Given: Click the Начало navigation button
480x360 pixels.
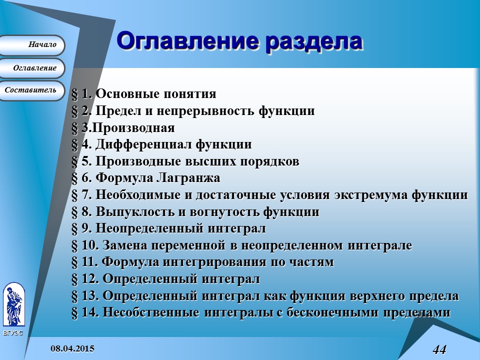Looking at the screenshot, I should pos(32,45).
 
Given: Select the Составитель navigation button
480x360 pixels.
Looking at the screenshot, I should pos(31,90).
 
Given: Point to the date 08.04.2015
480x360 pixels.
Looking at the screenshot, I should pos(72,348).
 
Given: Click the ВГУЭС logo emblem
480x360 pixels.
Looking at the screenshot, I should pos(13,305).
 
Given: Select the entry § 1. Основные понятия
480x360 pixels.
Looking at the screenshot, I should pos(144,94).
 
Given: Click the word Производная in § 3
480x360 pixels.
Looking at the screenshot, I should pos(133,128).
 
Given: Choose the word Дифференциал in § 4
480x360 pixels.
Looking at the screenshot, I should pos(143,145).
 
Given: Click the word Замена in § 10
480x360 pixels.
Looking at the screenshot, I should pos(122,245).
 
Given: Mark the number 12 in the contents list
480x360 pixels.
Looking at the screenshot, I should pos(89,279).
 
